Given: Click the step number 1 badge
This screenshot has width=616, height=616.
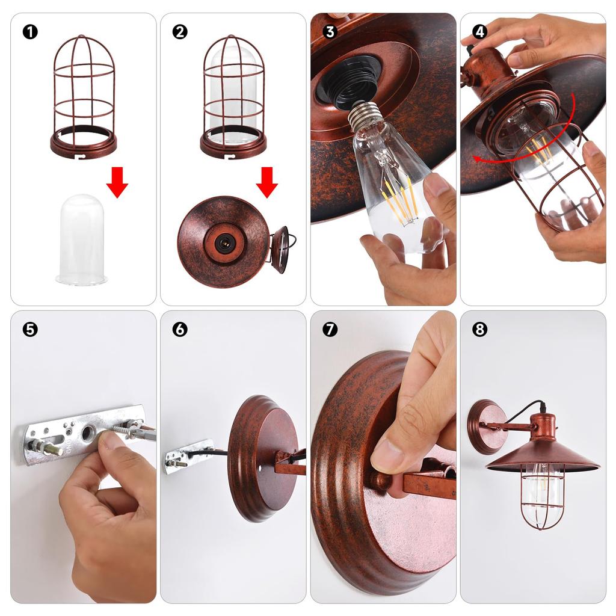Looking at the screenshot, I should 30,32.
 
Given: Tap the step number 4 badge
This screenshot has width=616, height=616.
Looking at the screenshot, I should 479,32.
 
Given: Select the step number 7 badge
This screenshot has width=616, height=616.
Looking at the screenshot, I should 330,329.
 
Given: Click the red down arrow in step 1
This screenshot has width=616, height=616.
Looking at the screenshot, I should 117,182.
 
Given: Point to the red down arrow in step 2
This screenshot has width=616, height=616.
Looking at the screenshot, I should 266,182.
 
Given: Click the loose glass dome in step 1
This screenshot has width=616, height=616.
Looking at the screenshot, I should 82,239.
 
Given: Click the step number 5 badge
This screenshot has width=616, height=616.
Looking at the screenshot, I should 30,329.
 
